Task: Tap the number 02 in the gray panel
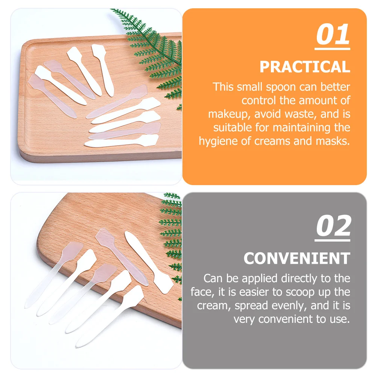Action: pyautogui.click(x=333, y=227)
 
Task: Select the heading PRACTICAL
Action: pyautogui.click(x=305, y=67)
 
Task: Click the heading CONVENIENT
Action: pyautogui.click(x=297, y=258)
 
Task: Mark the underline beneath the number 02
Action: pyautogui.click(x=333, y=239)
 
